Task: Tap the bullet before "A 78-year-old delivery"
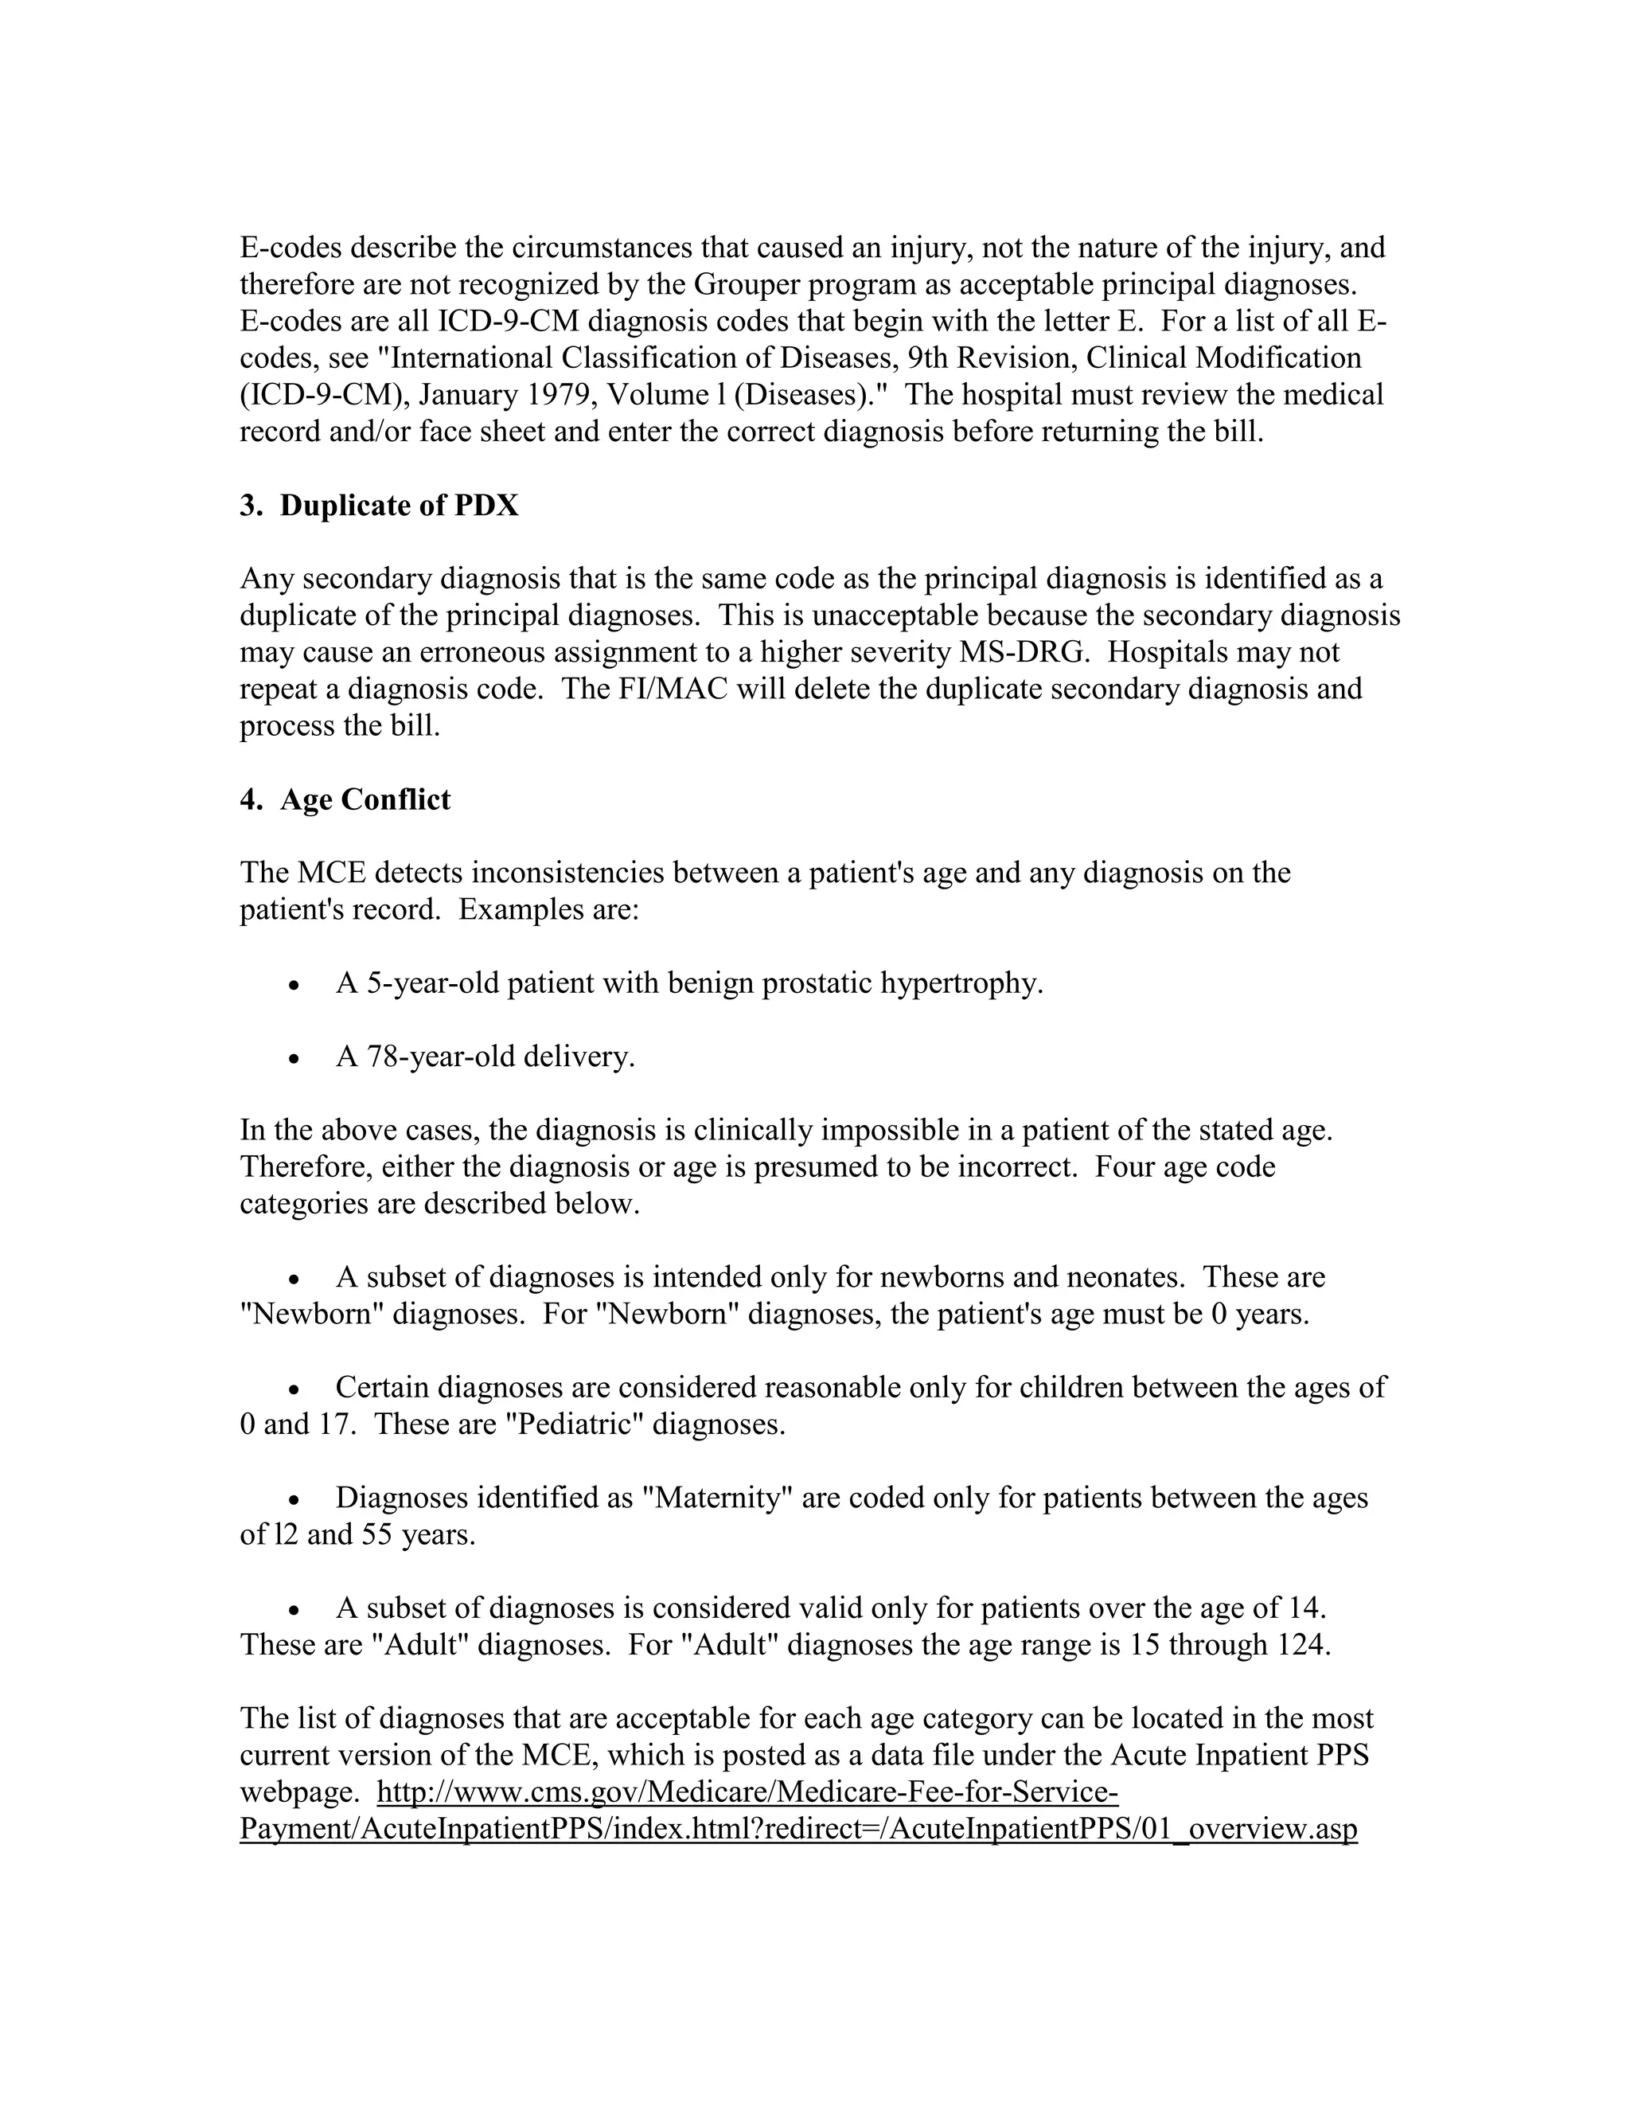[294, 1059]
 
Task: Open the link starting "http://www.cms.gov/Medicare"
[747, 1792]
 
